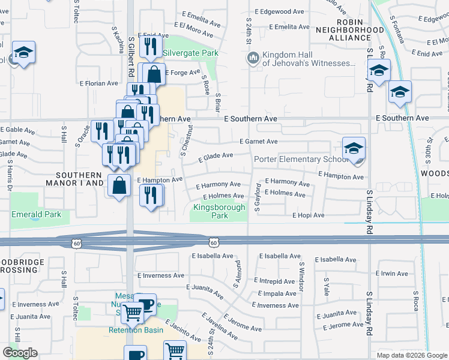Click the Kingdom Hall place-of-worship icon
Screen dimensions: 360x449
coord(253,58)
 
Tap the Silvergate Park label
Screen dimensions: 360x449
coord(190,53)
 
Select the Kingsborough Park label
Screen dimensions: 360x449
coord(219,212)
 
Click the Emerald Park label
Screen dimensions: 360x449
coord(36,214)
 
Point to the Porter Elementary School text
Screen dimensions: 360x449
coord(301,160)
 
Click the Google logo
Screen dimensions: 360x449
coord(20,353)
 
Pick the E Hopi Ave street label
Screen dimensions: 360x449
coord(309,215)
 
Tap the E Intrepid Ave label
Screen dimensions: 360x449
coord(276,281)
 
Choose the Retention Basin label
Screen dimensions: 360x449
coord(132,330)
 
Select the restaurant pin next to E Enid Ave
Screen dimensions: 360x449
coord(150,46)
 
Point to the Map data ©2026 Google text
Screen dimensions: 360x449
coord(411,355)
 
